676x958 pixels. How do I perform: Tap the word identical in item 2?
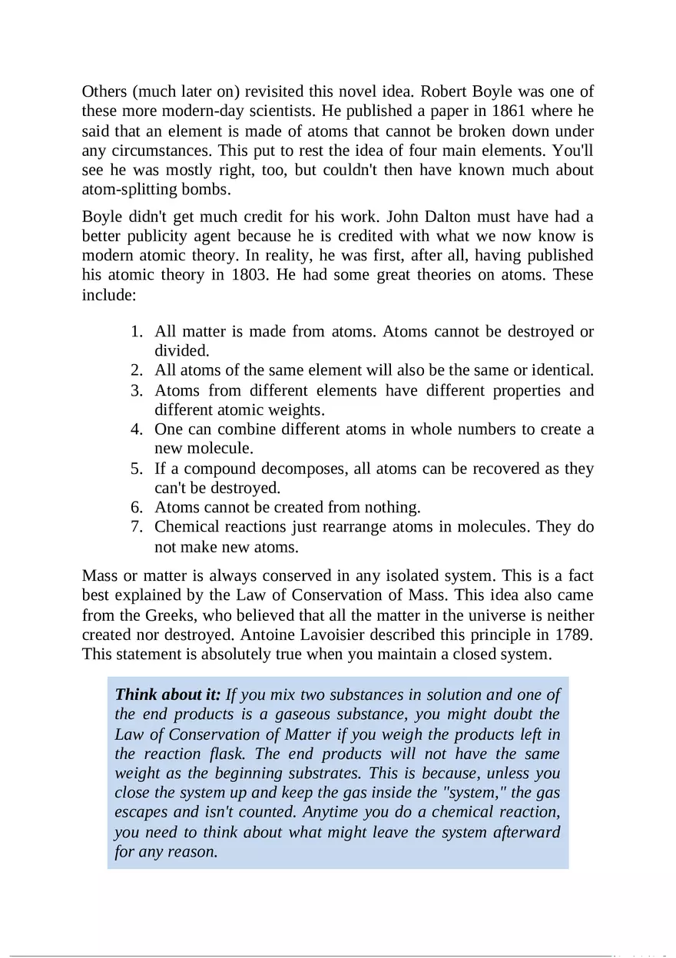(x=559, y=370)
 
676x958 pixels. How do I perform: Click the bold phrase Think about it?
(x=167, y=695)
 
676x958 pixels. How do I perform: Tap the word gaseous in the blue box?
(x=303, y=715)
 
